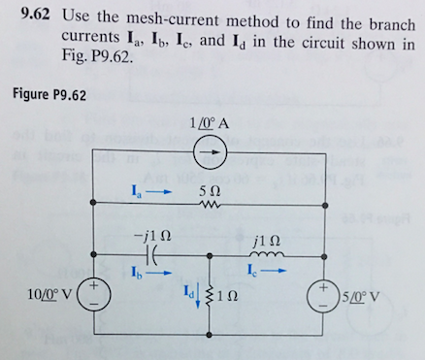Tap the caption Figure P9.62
tap(49, 94)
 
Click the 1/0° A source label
tap(213, 123)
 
